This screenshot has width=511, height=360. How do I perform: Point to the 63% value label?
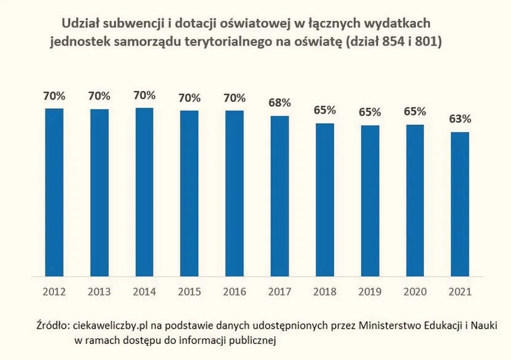pos(460,119)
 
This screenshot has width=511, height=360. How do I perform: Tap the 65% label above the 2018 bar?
pos(325,111)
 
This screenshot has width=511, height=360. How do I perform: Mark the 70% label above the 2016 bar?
pos(235,98)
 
